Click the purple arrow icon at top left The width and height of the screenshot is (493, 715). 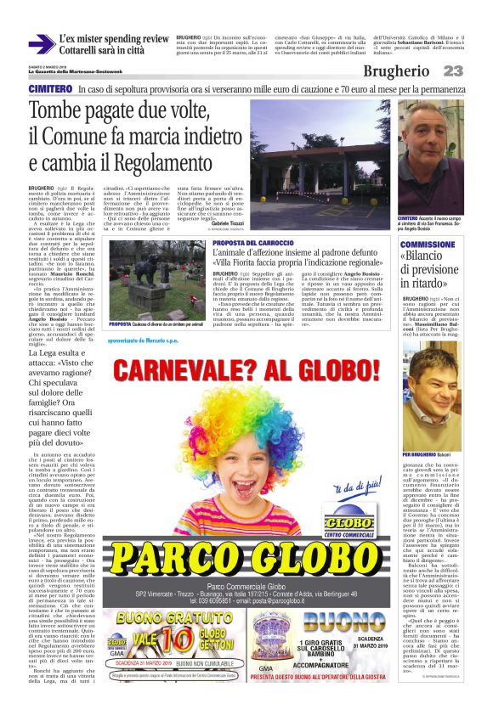(41, 43)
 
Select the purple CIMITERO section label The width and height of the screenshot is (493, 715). (49, 89)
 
